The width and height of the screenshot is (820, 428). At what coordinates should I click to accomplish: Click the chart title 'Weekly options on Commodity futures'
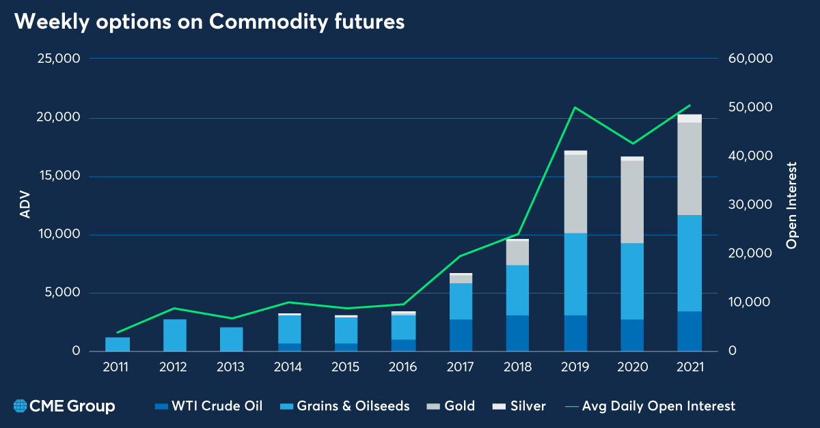pyautogui.click(x=209, y=22)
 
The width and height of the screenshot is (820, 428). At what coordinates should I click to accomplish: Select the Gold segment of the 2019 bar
pyautogui.click(x=575, y=194)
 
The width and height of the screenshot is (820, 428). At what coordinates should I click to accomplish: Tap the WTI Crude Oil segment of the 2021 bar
pyautogui.click(x=689, y=332)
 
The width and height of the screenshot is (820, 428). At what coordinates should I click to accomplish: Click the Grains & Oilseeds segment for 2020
pyautogui.click(x=632, y=281)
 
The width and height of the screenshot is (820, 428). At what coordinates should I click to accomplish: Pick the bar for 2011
pyautogui.click(x=118, y=344)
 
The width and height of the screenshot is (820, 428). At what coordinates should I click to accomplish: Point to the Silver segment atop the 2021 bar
pyautogui.click(x=689, y=119)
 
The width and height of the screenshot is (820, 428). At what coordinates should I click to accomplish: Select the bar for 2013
pyautogui.click(x=232, y=339)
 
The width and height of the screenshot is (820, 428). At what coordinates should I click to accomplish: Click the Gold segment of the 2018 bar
pyautogui.click(x=518, y=253)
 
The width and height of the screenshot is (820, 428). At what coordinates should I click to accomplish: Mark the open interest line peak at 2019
pyautogui.click(x=575, y=107)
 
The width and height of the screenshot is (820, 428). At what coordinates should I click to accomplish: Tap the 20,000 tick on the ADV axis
pyautogui.click(x=58, y=117)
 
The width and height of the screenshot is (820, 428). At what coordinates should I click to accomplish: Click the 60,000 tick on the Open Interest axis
pyautogui.click(x=750, y=59)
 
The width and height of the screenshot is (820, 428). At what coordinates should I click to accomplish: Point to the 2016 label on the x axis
pyautogui.click(x=402, y=367)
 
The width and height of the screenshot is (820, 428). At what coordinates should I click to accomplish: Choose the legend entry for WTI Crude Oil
pyautogui.click(x=208, y=406)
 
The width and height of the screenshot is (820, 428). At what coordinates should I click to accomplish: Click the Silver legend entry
pyautogui.click(x=519, y=406)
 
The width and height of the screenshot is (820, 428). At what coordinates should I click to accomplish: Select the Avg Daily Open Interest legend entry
pyautogui.click(x=650, y=406)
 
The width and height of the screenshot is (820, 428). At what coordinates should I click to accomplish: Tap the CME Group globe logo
pyautogui.click(x=20, y=406)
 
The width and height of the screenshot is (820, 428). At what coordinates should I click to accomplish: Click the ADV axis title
pyautogui.click(x=25, y=205)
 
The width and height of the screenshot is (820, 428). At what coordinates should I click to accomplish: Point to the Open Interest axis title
pyautogui.click(x=791, y=205)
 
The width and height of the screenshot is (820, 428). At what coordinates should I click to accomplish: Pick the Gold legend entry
pyautogui.click(x=451, y=406)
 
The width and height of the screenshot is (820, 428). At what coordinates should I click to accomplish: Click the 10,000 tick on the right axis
pyautogui.click(x=750, y=302)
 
